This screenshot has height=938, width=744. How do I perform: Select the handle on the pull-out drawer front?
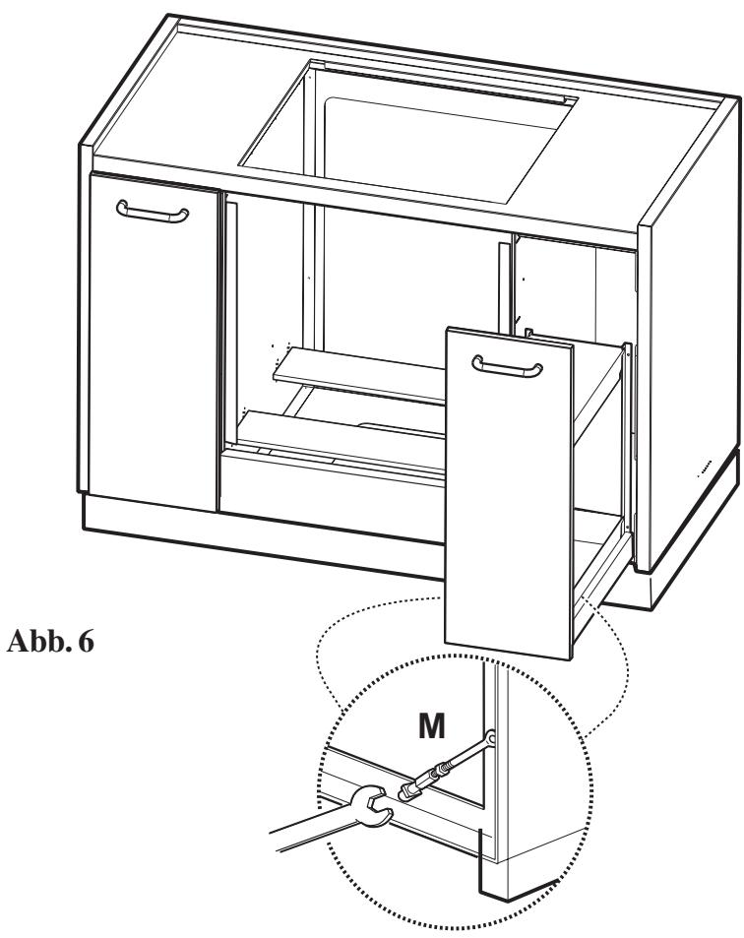coord(507,366)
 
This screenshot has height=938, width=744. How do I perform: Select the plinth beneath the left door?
coord(148,521)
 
